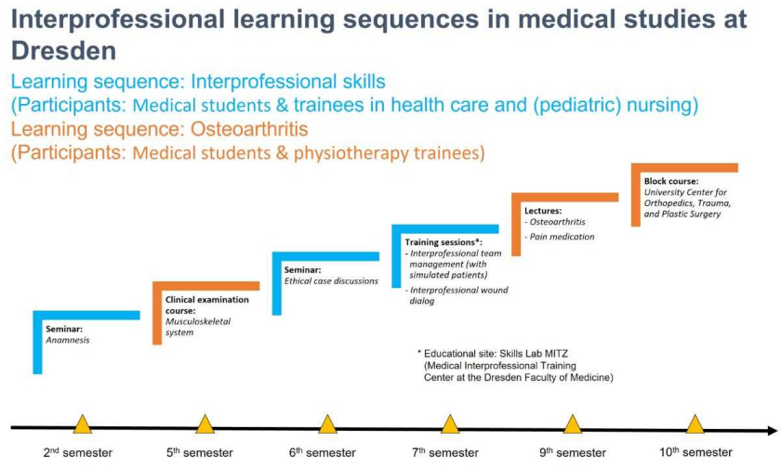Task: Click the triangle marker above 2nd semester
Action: click(83, 424)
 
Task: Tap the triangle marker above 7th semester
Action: click(450, 424)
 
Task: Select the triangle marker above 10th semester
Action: click(695, 424)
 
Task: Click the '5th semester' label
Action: click(200, 452)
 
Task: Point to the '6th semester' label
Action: click(323, 452)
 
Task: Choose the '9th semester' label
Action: click(573, 452)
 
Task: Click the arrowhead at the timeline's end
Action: click(773, 431)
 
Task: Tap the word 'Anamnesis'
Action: click(68, 340)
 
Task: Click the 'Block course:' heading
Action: click(671, 181)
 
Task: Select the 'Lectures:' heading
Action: click(543, 211)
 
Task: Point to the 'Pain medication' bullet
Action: click(560, 237)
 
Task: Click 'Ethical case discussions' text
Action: click(331, 281)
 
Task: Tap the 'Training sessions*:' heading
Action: click(443, 242)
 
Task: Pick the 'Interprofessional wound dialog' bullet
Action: click(457, 295)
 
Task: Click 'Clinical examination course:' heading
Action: click(206, 305)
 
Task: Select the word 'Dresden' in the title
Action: click(64, 50)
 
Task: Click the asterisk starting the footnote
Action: click(419, 353)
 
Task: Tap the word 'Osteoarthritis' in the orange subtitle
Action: click(249, 129)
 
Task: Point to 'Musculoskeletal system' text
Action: click(198, 327)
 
